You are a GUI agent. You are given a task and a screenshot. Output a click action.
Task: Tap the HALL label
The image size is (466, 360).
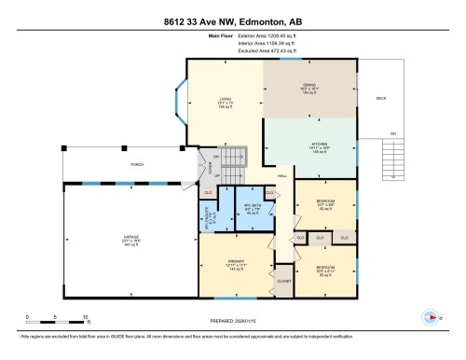pyautogui.click(x=282, y=175)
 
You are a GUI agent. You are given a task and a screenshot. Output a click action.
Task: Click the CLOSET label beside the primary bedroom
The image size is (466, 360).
pyautogui.click(x=284, y=280)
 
